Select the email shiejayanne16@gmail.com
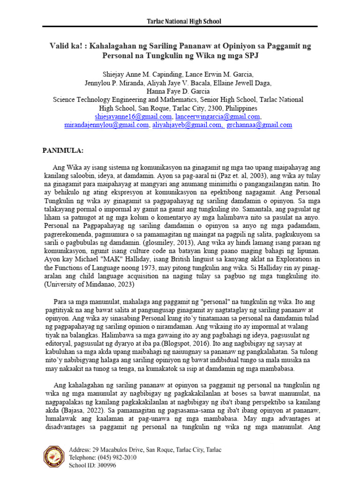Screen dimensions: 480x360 pos(133,116)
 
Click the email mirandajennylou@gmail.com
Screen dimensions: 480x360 pos(106,125)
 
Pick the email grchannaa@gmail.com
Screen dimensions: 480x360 pos(259,125)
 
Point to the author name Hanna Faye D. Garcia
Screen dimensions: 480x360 pos(180,91)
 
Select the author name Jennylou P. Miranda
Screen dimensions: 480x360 pos(116,82)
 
